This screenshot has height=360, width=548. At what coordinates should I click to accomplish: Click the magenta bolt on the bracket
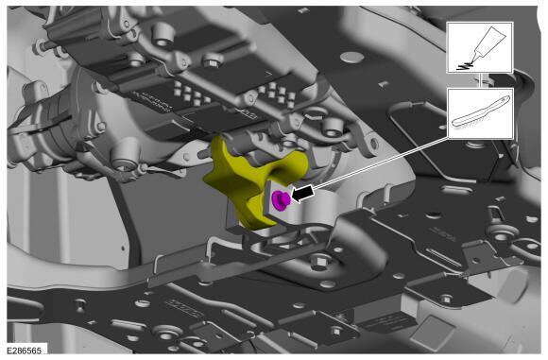click(281, 200)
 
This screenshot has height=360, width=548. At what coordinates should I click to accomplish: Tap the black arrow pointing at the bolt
click(302, 194)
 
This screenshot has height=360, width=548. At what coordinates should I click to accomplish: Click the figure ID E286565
click(24, 351)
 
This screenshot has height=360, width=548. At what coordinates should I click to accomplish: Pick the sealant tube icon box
click(480, 47)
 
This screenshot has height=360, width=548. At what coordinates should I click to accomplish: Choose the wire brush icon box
click(480, 113)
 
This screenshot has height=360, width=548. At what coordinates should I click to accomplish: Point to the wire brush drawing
click(481, 111)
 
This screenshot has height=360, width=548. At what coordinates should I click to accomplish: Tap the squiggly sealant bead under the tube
click(464, 65)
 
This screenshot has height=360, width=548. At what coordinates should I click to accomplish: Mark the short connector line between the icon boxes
click(480, 80)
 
